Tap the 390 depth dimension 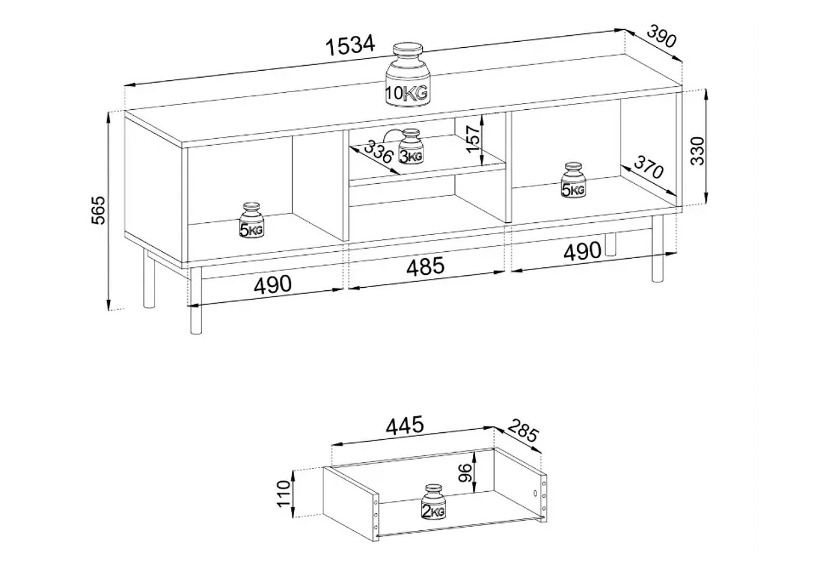[x=661, y=36]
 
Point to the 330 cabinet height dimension [x=697, y=150]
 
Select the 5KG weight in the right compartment [x=573, y=180]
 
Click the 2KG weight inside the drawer [x=433, y=502]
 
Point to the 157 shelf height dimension [x=473, y=139]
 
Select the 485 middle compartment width [x=425, y=266]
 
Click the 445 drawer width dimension [x=405, y=425]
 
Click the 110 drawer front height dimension [x=284, y=493]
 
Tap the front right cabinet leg [x=658, y=249]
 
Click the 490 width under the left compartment [x=273, y=285]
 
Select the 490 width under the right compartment [x=583, y=251]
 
